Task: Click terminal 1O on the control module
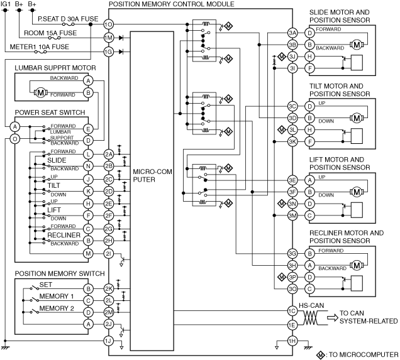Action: tap(108, 25)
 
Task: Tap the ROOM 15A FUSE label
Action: tap(50, 33)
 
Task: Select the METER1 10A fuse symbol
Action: tap(40, 52)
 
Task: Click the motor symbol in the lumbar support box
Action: tap(40, 92)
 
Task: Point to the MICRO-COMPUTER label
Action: tap(152, 175)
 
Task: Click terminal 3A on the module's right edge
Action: tap(292, 33)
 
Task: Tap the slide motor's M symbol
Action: tap(357, 45)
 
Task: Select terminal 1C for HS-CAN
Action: tap(292, 311)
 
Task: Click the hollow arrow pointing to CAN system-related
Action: tap(333, 317)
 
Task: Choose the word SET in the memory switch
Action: tap(46, 285)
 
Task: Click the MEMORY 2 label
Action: tap(57, 308)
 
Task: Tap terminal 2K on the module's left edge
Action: tap(108, 288)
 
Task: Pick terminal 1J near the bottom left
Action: tap(108, 341)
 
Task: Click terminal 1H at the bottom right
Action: tap(292, 341)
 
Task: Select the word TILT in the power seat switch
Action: tap(53, 185)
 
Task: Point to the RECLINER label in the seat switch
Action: tap(64, 235)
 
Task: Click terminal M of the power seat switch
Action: tap(88, 253)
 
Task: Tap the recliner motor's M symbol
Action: tap(357, 266)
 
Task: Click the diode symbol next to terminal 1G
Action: tap(121, 52)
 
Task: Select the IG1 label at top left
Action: tap(6, 4)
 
